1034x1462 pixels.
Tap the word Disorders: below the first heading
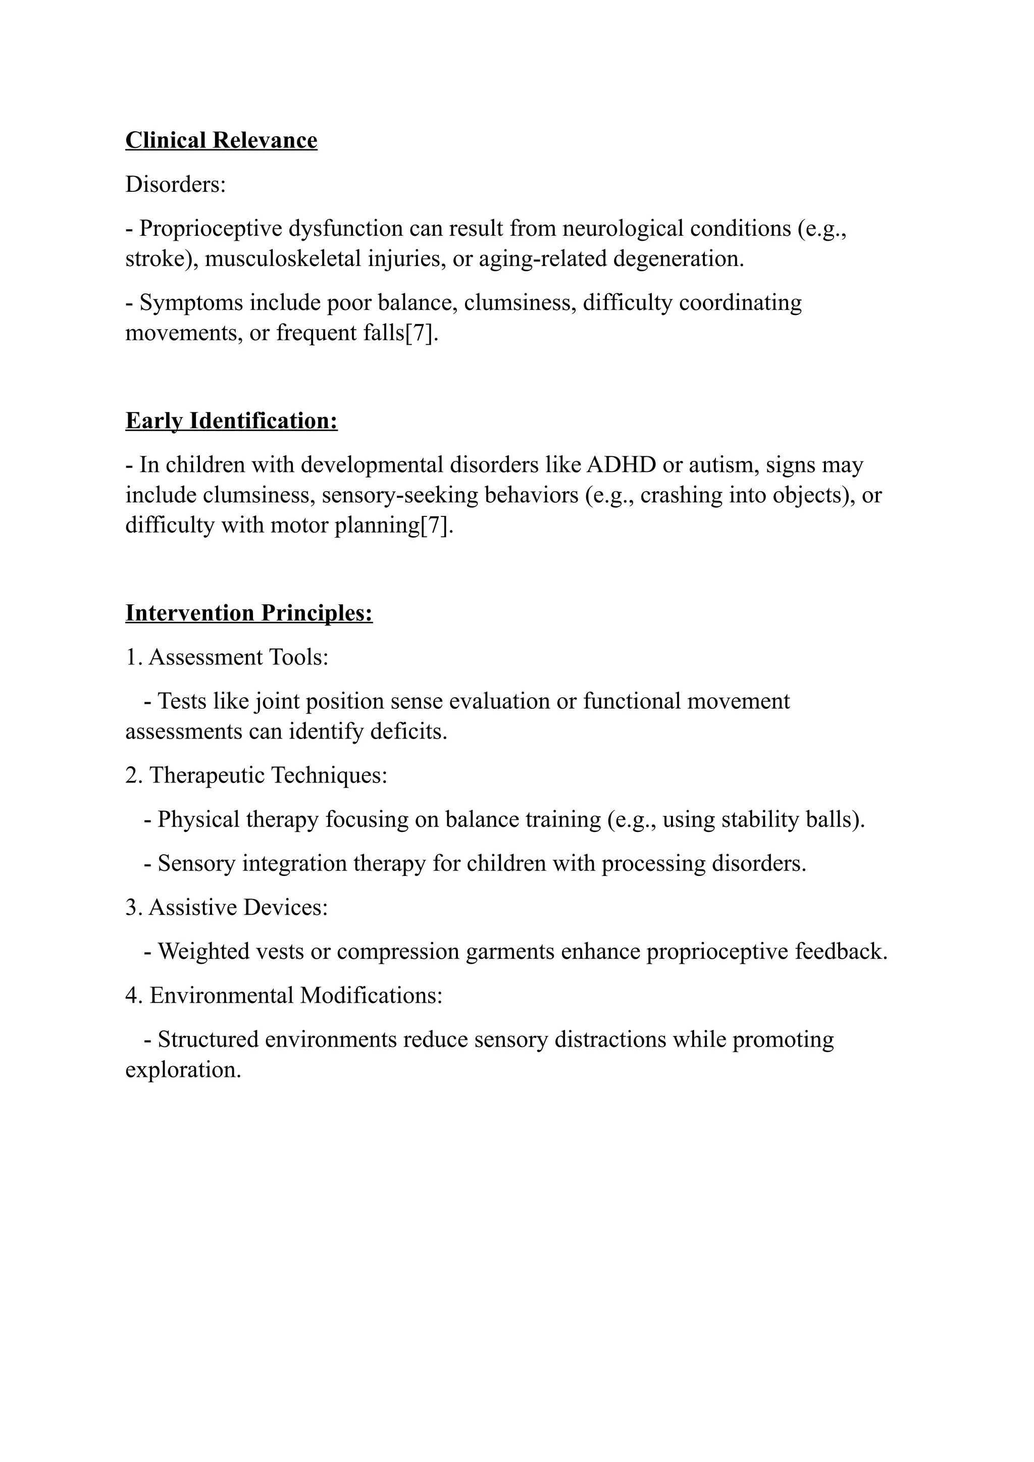coord(176,185)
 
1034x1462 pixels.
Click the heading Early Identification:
coord(231,421)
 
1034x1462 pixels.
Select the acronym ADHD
coord(621,465)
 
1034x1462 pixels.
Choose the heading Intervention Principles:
coord(249,613)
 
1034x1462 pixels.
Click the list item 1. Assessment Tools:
coord(227,657)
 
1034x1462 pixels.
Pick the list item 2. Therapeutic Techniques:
coord(256,775)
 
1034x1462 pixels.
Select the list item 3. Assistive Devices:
coord(227,907)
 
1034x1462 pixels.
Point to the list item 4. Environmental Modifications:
coord(284,995)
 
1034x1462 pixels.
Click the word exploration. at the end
coord(183,1070)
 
